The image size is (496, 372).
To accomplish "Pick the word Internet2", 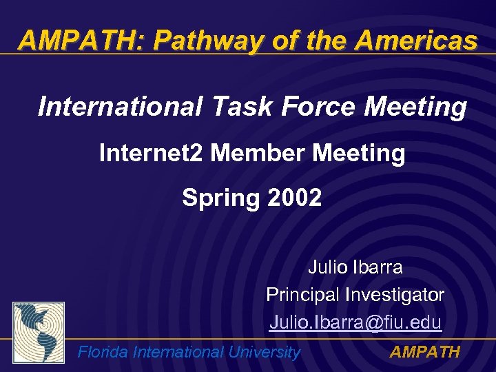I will [x=151, y=153].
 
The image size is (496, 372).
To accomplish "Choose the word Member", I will [x=258, y=153].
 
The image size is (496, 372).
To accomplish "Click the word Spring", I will [x=220, y=198].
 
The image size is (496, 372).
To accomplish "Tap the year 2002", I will [x=294, y=198].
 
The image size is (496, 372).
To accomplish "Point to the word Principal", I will [x=301, y=295].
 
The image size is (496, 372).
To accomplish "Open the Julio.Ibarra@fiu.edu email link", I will [x=355, y=322].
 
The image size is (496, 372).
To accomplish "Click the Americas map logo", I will [x=39, y=333].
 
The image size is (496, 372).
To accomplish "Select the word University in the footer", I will [x=264, y=353].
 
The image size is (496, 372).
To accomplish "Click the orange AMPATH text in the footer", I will [x=425, y=353].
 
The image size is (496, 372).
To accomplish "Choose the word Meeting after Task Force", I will [x=415, y=107].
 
